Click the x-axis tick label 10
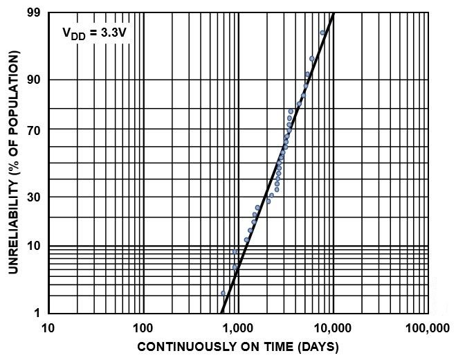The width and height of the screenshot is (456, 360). pos(48,327)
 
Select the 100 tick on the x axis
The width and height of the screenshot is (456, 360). pos(143,327)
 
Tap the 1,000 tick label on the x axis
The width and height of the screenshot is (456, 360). pos(237,327)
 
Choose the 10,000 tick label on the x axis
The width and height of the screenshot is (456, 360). pos(333,327)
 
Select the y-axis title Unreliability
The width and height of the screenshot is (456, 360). pos(14,162)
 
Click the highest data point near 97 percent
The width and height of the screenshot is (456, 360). pos(322,33)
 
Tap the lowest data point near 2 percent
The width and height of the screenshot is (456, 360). pos(223,294)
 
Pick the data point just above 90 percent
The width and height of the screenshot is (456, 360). pos(308,74)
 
